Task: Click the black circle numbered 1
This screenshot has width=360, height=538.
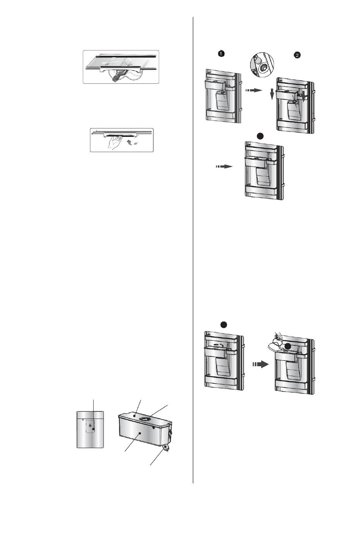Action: click(221, 54)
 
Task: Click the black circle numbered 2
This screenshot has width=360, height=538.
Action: click(297, 55)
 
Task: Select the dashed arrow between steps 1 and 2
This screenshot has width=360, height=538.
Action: click(254, 90)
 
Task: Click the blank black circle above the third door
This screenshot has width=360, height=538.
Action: click(260, 136)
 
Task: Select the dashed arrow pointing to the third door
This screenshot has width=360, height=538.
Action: click(224, 166)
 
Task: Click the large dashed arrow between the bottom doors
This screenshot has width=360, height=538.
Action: click(260, 364)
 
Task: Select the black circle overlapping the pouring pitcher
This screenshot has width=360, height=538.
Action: click(288, 346)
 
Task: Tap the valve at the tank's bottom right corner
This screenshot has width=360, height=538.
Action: click(166, 447)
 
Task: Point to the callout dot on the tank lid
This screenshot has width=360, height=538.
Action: click(135, 416)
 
